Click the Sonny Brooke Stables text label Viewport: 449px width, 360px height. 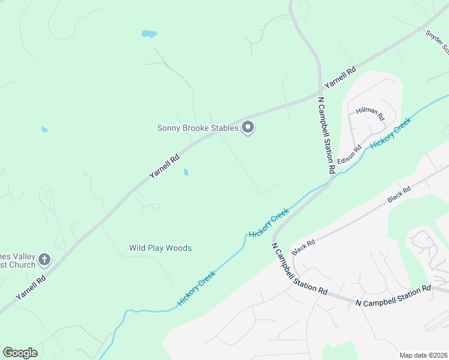point(197,128)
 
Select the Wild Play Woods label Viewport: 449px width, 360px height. point(160,248)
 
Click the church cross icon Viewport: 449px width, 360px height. point(44,260)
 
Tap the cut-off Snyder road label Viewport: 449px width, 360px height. point(436,41)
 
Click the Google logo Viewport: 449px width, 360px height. point(20,353)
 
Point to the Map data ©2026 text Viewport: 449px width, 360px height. point(423,355)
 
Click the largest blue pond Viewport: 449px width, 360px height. point(149,34)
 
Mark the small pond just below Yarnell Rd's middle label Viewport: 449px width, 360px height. point(185,172)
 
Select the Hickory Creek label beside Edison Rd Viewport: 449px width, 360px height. point(390,134)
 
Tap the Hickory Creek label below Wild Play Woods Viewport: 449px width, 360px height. point(196,288)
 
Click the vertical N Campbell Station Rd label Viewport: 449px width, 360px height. point(325,136)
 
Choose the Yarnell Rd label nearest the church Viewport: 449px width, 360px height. point(31,287)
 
